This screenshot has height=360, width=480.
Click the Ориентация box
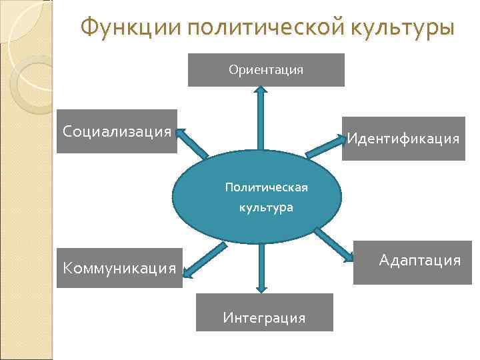(x=266, y=70)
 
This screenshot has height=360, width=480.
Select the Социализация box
(x=117, y=131)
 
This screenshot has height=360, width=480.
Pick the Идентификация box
(x=403, y=139)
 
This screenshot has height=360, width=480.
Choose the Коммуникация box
(x=119, y=269)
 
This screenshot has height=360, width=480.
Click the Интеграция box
(x=264, y=313)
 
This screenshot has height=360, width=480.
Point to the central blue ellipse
(x=257, y=197)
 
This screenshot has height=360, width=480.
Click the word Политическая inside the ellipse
(x=266, y=187)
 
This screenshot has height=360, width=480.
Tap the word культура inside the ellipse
(x=266, y=208)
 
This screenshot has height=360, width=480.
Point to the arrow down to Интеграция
(x=261, y=267)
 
